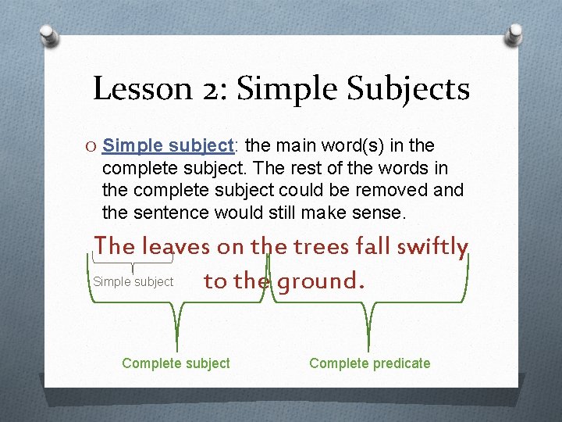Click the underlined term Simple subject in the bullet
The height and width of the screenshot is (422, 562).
coord(168,146)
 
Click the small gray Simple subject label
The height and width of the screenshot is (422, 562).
coord(133,281)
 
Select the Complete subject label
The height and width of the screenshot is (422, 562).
coord(176,363)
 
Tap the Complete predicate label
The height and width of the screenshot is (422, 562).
coord(369,363)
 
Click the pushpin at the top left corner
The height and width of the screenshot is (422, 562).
coord(48,35)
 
